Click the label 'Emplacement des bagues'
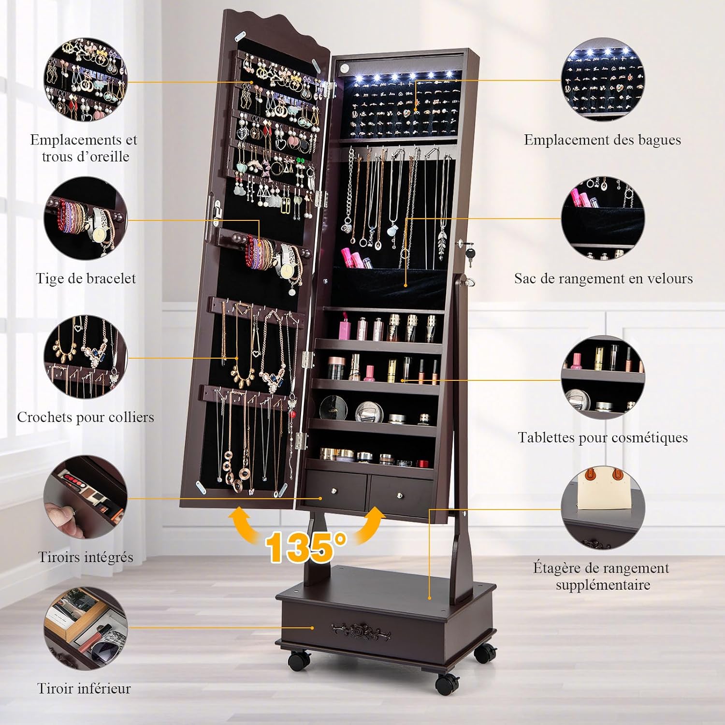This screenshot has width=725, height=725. tap(602, 140)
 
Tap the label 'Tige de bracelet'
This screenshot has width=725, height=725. tap(86, 278)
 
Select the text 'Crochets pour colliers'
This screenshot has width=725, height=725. tap(86, 417)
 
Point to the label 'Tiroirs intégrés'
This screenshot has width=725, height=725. tap(86, 557)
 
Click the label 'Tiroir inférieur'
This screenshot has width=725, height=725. tap(84, 688)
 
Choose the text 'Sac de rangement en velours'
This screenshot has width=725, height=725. tap(603, 278)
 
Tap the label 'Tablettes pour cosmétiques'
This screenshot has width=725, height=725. tap(603, 437)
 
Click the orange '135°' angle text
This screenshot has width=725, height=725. tap(306, 547)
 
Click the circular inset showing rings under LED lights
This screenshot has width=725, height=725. tap(603, 80)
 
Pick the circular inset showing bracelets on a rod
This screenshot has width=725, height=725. tap(86, 219)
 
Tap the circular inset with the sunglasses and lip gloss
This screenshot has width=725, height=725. tap(86, 628)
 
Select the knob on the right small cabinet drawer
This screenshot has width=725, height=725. tap(400, 495)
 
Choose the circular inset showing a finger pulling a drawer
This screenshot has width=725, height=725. tap(86, 497)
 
